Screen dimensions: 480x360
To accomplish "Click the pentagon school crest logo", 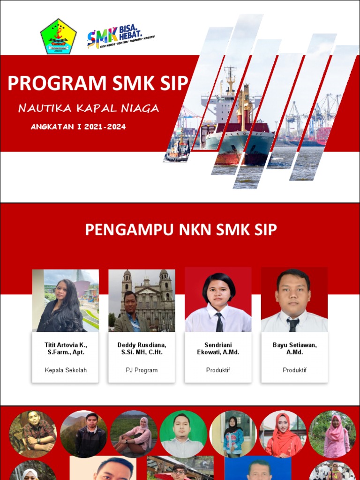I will click(x=58, y=37).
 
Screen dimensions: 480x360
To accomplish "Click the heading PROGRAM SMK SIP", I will click(x=98, y=83).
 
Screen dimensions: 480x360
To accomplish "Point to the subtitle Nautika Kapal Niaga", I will click(x=89, y=109).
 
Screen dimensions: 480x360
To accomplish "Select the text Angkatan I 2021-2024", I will click(x=78, y=127).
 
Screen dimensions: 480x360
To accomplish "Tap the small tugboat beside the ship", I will click(x=178, y=149).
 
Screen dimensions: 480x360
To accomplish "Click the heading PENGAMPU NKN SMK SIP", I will click(x=180, y=230).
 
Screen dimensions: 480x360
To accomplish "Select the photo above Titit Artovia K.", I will click(x=65, y=300).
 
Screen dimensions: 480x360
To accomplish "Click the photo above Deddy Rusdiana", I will click(x=142, y=300).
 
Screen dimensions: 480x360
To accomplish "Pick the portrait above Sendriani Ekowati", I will click(x=218, y=300).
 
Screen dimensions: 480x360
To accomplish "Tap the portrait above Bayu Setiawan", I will click(x=294, y=300).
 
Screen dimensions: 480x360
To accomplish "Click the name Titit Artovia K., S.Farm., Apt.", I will click(x=66, y=348).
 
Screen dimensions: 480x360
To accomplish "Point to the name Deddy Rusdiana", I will click(x=142, y=345).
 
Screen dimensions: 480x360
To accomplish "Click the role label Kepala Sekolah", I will click(x=66, y=370).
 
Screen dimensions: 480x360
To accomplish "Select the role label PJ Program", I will click(x=142, y=370).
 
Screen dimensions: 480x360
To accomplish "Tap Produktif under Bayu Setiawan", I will click(x=294, y=370).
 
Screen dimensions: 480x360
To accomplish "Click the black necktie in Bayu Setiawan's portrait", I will click(x=293, y=324).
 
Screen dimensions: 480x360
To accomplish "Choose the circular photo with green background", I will click(x=183, y=434).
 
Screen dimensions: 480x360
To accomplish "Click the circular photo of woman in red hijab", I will click(x=283, y=434).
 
